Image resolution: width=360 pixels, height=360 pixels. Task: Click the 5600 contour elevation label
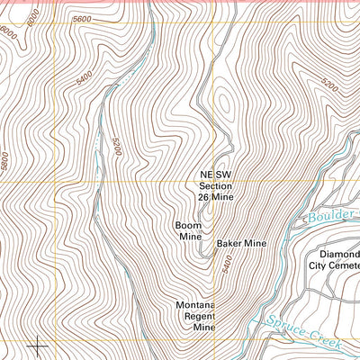84,19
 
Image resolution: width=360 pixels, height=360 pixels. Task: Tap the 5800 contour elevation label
8,162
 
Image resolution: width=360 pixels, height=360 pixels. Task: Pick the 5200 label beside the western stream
116,146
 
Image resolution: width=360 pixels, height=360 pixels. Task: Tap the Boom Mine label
188,230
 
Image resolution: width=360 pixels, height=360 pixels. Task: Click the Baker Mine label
241,243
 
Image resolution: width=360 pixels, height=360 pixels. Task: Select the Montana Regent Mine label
197,318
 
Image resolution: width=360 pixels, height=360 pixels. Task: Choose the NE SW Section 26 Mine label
216,186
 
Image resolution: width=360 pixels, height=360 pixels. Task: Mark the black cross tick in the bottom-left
38,345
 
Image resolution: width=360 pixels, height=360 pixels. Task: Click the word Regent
196,318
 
